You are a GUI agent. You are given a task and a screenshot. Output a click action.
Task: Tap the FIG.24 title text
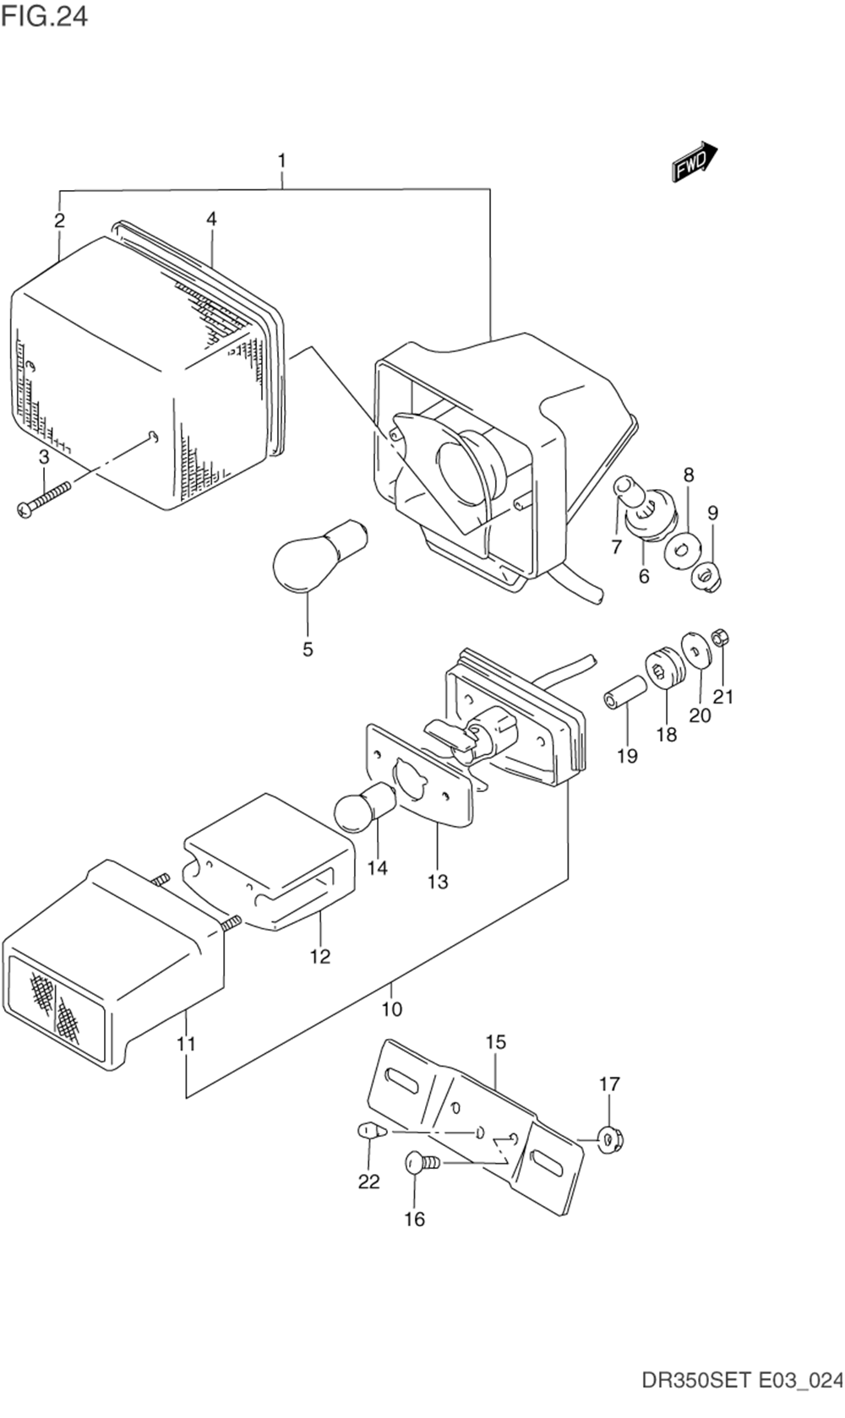44,16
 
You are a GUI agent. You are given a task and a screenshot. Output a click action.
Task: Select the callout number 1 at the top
281,160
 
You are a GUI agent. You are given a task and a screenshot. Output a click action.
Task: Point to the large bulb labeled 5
318,555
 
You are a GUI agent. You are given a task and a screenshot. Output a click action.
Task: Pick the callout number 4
211,219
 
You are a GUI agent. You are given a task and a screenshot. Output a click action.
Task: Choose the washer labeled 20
697,652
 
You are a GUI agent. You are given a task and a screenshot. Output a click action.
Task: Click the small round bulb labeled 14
365,809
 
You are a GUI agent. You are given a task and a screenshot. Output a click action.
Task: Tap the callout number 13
438,881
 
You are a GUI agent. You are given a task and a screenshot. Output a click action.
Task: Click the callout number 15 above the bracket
496,1041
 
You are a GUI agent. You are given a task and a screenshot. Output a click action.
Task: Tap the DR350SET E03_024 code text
743,1397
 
